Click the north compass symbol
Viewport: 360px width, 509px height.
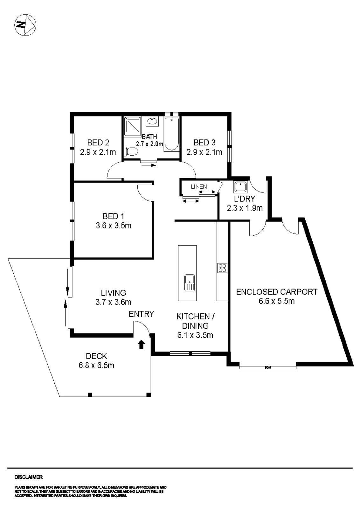coord(25,25)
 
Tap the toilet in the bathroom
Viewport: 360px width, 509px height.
coord(131,152)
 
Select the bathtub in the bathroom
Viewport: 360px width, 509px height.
coord(171,134)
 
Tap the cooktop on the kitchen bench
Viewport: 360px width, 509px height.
coord(222,268)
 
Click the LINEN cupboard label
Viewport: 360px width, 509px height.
coord(199,187)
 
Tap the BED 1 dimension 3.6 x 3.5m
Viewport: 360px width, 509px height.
coord(113,226)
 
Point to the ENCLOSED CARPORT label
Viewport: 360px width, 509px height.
coord(276,292)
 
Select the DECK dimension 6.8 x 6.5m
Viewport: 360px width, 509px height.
coord(96,365)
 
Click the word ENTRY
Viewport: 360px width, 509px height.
coord(141,314)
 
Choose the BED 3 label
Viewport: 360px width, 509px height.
coord(204,143)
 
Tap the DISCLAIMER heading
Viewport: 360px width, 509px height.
coord(28,477)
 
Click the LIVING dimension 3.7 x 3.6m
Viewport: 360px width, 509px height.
coord(113,302)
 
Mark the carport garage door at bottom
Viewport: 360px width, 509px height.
coord(267,367)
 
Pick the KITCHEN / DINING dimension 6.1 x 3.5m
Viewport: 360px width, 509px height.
coord(195,335)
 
